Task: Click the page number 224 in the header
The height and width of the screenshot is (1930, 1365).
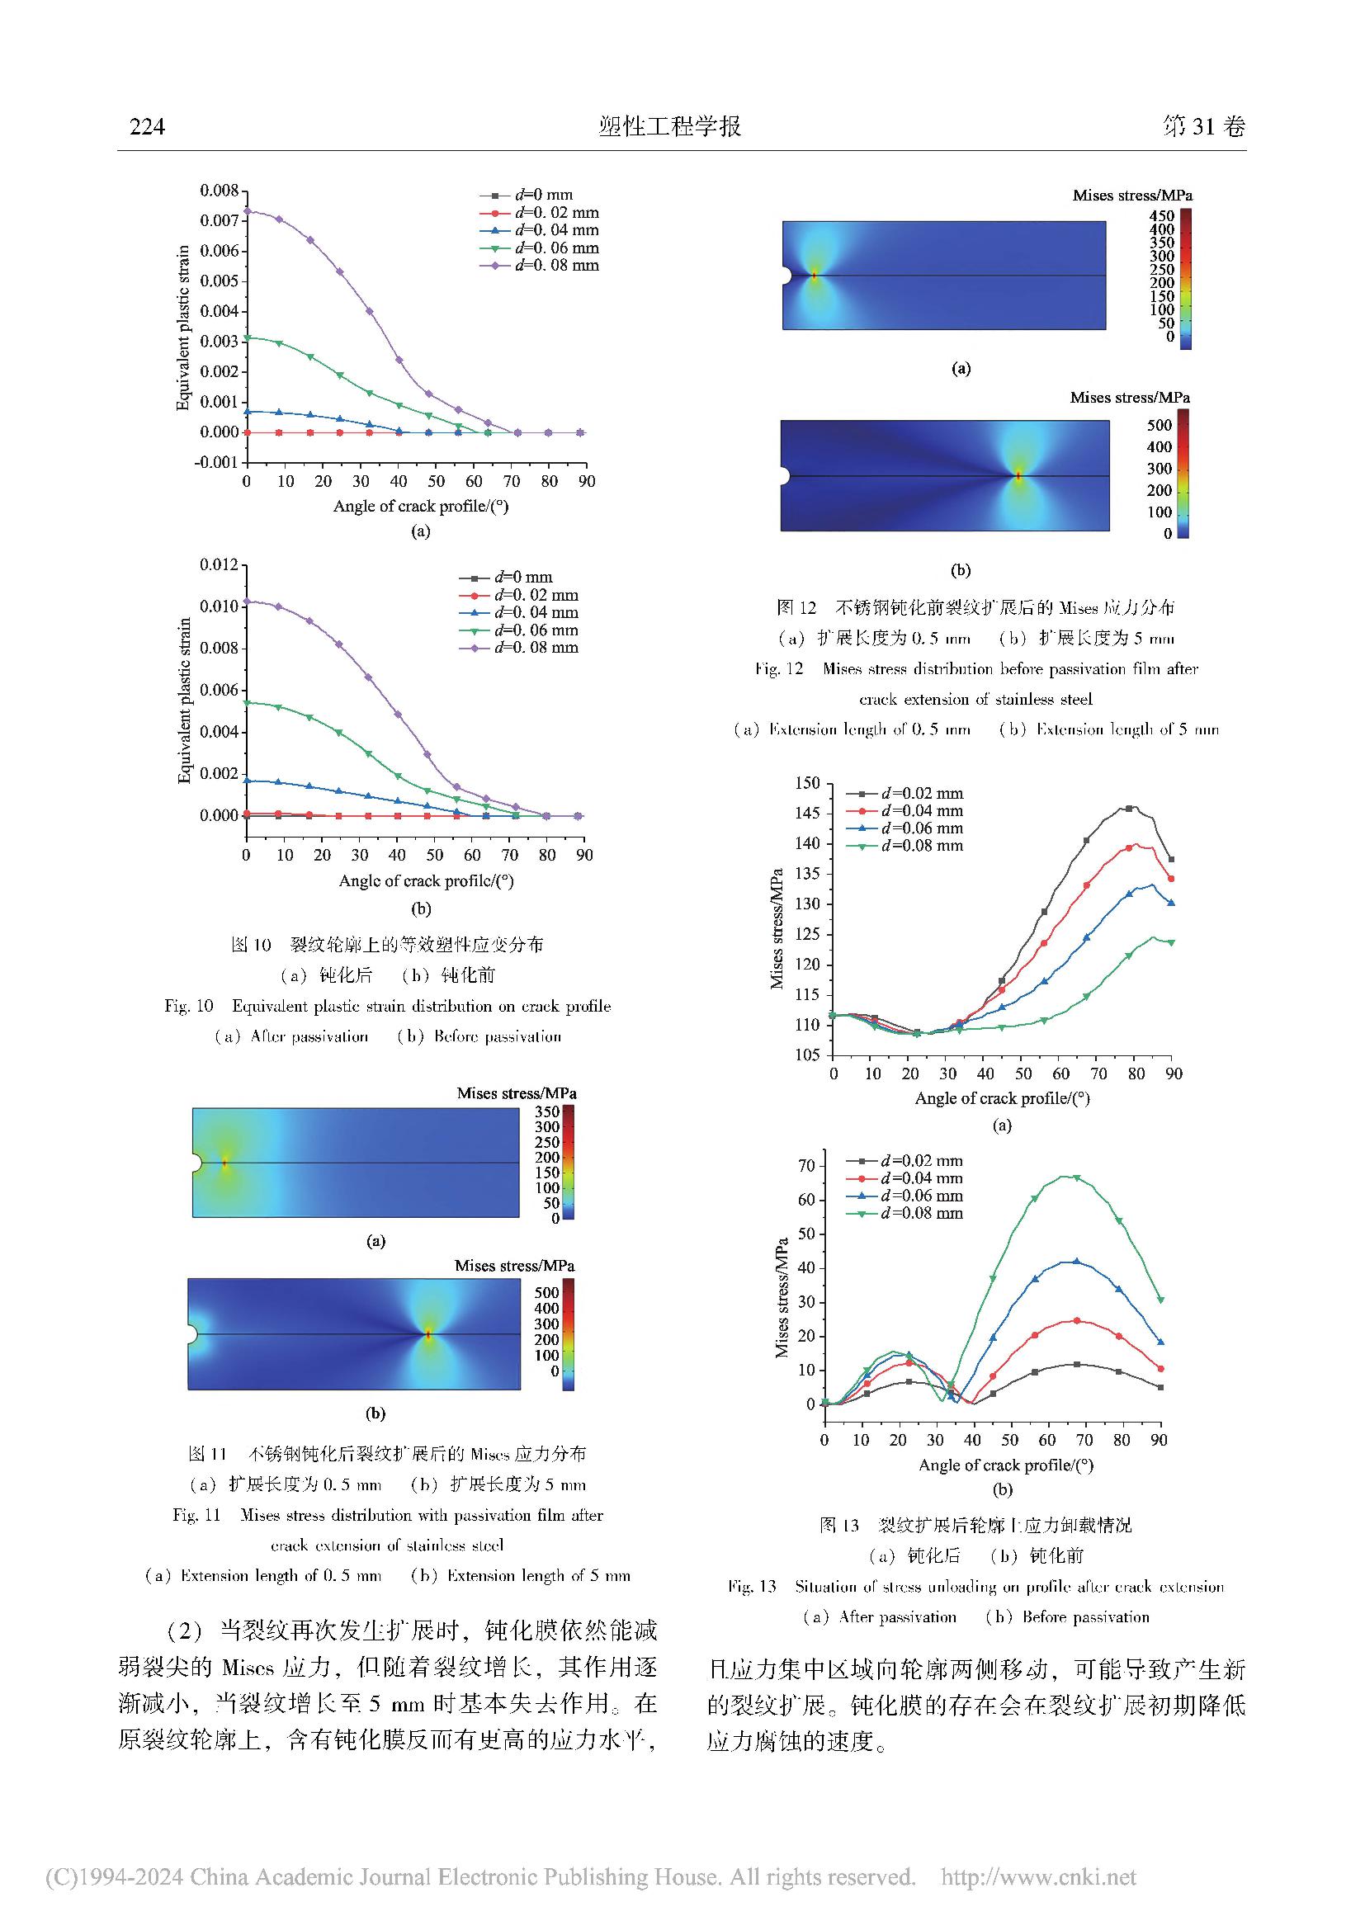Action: tap(147, 126)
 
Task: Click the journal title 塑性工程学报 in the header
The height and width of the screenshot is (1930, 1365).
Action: tap(670, 126)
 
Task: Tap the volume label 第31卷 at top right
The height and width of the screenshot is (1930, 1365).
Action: tap(1202, 126)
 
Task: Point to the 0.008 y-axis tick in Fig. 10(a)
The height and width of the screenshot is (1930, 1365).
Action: tap(219, 191)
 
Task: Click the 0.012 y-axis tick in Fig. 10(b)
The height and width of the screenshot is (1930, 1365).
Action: tap(219, 564)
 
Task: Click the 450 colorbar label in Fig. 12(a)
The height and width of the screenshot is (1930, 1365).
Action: tap(1162, 216)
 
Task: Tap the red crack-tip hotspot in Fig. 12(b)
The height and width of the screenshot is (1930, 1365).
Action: tap(1018, 476)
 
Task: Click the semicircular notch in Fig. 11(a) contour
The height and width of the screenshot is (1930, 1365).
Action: tap(196, 1163)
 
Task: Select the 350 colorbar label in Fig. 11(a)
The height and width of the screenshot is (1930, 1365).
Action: tap(547, 1111)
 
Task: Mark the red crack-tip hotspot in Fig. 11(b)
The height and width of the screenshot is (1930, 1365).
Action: tap(427, 1334)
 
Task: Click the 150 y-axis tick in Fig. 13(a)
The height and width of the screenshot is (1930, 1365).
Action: tap(807, 783)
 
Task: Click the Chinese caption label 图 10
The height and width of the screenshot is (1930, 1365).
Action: tap(251, 945)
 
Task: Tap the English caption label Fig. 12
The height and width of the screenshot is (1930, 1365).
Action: tap(778, 669)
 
